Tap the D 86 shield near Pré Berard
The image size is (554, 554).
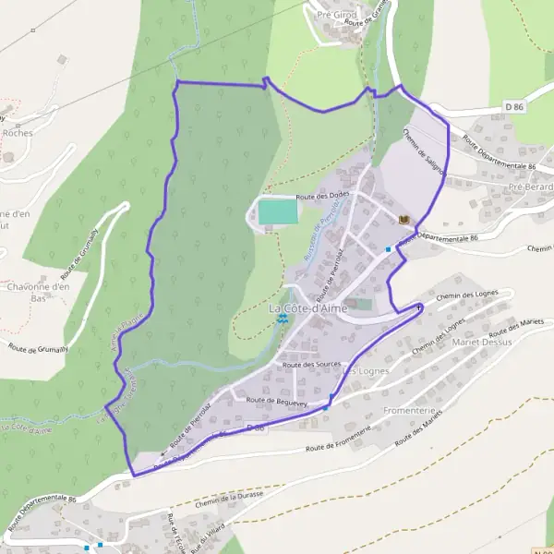514,108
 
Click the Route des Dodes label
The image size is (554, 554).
322,197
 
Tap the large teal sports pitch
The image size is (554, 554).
277,211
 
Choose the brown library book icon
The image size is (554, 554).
403,219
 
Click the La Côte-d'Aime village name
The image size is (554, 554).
307,308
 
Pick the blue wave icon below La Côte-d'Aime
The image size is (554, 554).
281,320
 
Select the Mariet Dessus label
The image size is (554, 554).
478,342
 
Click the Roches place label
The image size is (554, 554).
18,133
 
